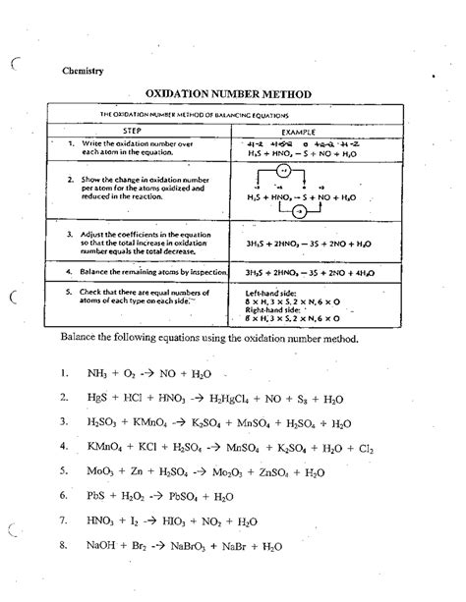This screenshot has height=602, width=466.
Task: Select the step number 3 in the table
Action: [72, 236]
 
